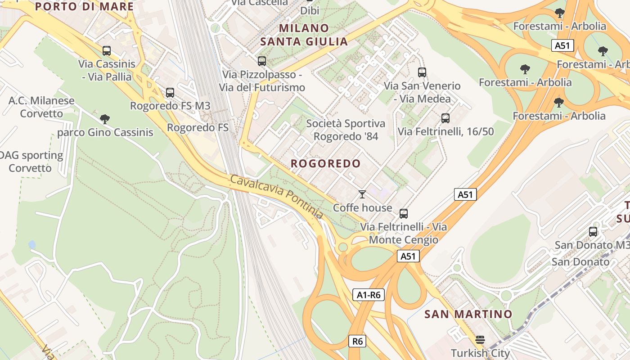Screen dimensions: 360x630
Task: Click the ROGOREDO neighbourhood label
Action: tap(326, 163)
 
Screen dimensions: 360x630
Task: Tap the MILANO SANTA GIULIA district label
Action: tap(305, 35)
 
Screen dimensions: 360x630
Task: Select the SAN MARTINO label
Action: tap(468, 314)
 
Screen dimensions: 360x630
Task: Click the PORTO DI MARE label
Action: tap(85, 6)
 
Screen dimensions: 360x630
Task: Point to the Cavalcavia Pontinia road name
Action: tap(276, 197)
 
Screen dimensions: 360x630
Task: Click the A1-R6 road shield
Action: tap(368, 295)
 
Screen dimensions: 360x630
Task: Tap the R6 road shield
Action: tap(357, 341)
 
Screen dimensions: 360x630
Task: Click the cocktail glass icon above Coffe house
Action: tap(362, 194)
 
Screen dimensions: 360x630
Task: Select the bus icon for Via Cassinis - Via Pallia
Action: tap(107, 51)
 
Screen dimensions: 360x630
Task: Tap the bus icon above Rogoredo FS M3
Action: tap(170, 93)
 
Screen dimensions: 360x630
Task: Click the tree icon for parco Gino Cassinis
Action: tap(105, 119)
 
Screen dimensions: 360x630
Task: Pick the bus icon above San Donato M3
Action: tap(593, 232)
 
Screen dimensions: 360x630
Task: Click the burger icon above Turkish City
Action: tap(480, 340)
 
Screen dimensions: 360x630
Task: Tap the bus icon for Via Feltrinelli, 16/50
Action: tap(445, 118)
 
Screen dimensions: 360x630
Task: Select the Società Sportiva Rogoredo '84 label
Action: tap(346, 130)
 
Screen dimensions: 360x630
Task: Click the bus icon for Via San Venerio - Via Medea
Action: tap(422, 72)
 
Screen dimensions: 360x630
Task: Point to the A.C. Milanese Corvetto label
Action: tap(41, 107)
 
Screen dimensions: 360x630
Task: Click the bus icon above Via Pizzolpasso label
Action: tap(261, 61)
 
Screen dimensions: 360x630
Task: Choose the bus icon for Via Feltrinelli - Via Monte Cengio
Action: tap(404, 214)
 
